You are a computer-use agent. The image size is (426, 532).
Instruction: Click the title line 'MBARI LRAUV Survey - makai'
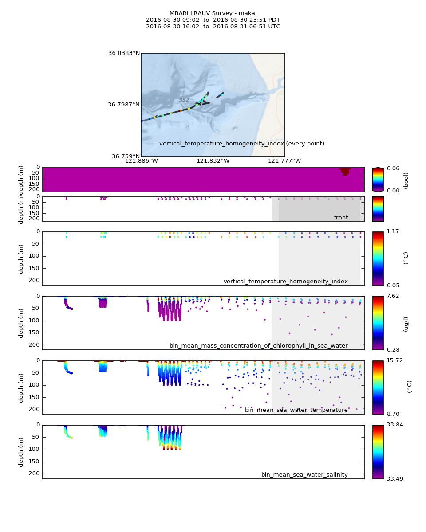pos(213,13)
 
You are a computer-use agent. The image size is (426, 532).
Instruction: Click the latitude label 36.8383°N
pos(124,53)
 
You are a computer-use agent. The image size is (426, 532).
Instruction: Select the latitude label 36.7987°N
pos(124,105)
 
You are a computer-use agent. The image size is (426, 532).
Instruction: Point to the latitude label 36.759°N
pos(126,156)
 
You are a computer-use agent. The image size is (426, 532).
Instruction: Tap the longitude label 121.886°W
pos(141,161)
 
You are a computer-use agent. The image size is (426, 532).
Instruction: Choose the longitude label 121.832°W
pos(213,161)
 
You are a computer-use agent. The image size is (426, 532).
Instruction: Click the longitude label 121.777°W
pos(284,161)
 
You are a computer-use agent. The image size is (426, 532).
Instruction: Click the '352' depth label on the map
pos(184,100)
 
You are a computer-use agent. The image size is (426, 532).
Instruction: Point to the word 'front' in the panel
pos(341,218)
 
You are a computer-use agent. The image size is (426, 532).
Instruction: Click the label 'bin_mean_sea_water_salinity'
pos(304,475)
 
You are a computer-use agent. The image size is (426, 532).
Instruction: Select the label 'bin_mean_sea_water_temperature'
pos(296,410)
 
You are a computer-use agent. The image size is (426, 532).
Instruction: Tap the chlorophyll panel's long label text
pos(259,346)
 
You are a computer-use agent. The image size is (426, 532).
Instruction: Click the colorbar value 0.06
pos(393,168)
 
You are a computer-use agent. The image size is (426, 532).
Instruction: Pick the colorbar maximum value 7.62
pos(393,296)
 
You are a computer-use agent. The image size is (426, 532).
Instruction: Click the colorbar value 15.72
pos(394,360)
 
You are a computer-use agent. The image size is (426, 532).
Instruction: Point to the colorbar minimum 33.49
pos(394,479)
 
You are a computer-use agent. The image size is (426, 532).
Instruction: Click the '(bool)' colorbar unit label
pos(406,180)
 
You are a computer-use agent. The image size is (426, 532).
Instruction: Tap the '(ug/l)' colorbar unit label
pos(406,324)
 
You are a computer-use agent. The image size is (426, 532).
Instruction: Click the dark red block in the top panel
pos(345,171)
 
